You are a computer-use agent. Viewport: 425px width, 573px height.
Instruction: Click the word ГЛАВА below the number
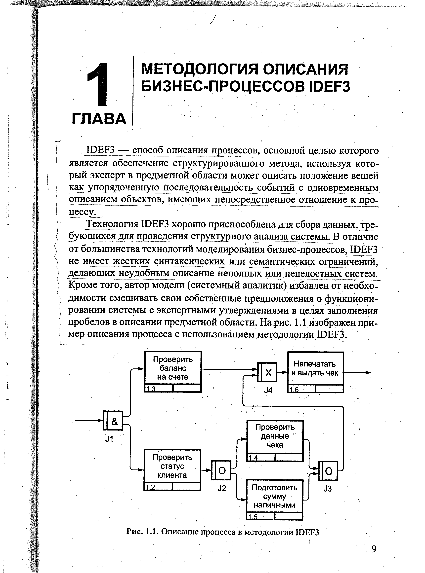pos(99,119)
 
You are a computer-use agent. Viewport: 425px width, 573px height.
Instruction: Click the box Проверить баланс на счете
pos(173,368)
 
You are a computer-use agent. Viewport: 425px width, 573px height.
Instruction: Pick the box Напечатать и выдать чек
pos(315,369)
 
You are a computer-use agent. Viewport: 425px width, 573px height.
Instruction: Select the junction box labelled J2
pos(221,470)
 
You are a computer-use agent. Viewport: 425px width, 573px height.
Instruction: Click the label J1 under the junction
pos(109,439)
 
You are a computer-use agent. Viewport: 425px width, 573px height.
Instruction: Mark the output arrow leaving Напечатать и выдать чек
pos(358,372)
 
